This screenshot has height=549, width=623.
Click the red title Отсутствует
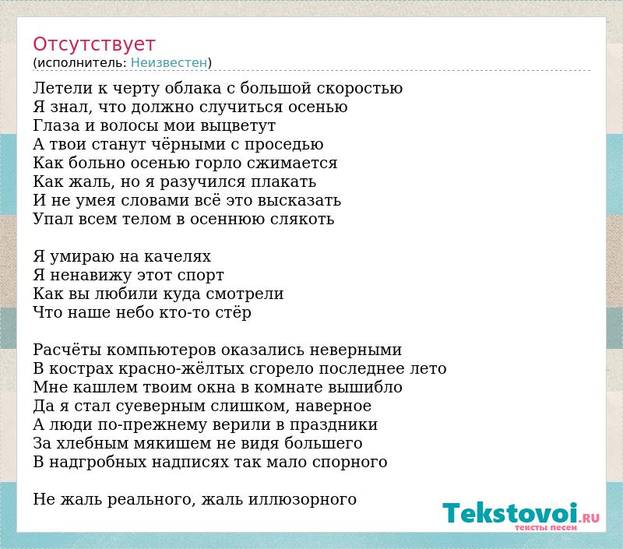pyautogui.click(x=93, y=44)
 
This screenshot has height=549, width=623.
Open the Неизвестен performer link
pyautogui.click(x=169, y=63)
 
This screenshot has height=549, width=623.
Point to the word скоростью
pyautogui.click(x=360, y=89)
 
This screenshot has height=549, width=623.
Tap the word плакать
pyautogui.click(x=283, y=181)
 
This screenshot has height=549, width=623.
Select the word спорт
pyautogui.click(x=201, y=276)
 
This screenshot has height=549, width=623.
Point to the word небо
pyautogui.click(x=134, y=312)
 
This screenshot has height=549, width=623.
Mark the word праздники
pyautogui.click(x=334, y=425)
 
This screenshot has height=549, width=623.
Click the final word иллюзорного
pyautogui.click(x=303, y=500)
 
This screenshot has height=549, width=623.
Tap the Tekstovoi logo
pyautogui.click(x=521, y=516)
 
